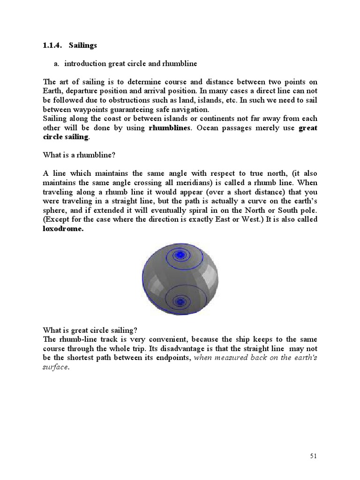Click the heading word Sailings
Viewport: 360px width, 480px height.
coord(82,45)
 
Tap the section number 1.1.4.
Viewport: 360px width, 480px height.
coord(52,45)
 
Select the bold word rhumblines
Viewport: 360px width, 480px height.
coord(169,128)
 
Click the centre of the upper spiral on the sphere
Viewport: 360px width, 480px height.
coord(180,255)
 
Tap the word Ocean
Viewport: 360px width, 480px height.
coord(211,128)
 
